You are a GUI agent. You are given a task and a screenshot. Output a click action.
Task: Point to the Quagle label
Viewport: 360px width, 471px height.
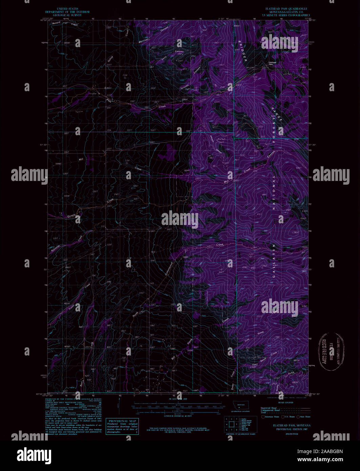tap(72, 214)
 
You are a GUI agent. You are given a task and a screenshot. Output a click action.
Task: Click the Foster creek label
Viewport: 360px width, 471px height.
tap(71, 308)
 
